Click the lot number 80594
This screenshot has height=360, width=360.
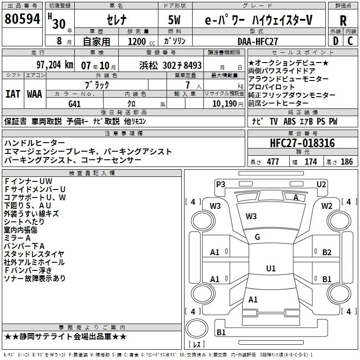tap(22, 18)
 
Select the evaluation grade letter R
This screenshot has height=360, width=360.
tap(343, 21)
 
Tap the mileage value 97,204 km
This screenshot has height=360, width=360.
tap(55, 65)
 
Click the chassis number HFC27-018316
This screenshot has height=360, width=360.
tap(302, 143)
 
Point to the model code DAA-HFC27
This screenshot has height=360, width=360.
tap(257, 41)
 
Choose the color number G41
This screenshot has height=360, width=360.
tap(74, 104)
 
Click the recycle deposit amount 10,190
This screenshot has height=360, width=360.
tap(225, 103)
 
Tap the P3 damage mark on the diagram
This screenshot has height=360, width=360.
tap(220, 184)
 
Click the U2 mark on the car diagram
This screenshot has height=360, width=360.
tap(321, 184)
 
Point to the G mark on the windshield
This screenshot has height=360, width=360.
tap(257, 237)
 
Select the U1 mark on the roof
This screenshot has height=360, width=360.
tap(271, 268)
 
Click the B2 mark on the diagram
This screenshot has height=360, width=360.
tap(327, 252)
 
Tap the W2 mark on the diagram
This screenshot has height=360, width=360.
tap(327, 206)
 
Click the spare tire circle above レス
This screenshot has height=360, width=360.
tap(197, 328)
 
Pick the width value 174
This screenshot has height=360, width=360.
tap(310, 162)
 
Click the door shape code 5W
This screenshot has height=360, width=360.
tap(174, 20)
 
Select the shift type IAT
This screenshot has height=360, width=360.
tap(13, 94)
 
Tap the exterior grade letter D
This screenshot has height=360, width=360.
tap(335, 41)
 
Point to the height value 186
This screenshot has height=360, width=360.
tap(346, 162)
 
